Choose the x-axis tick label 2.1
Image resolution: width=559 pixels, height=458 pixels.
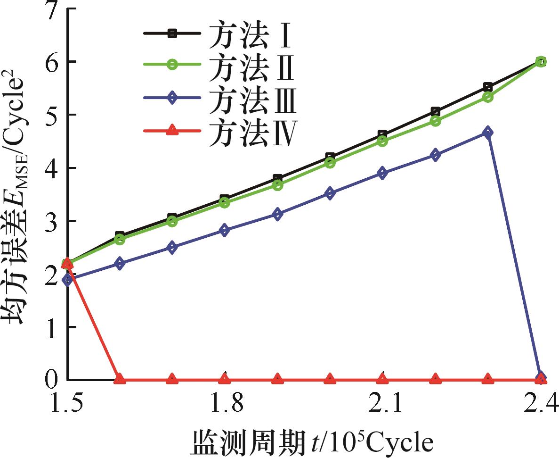point(382,405)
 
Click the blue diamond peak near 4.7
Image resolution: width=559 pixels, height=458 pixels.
point(488,132)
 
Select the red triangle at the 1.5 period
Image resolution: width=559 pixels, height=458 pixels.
point(67,263)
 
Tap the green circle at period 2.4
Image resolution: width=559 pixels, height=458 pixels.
point(541,61)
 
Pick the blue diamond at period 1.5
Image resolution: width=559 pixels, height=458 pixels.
point(67,280)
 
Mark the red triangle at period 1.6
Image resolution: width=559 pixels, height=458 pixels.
point(120,378)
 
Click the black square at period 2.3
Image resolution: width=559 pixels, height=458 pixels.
point(488,87)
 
